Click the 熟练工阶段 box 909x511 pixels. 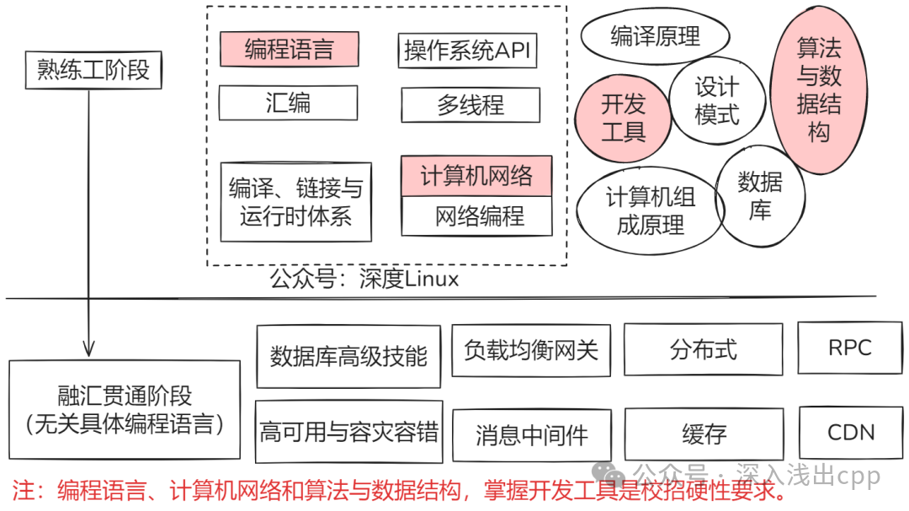93,71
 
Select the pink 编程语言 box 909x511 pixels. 289,49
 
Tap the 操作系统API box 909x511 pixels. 467,51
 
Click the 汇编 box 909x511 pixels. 288,103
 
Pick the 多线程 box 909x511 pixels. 470,105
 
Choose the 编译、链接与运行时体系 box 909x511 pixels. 295,202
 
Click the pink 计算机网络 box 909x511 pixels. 476,176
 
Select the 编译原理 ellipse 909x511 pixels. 655,36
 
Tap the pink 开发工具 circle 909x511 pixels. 624,118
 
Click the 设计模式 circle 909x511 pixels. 716,101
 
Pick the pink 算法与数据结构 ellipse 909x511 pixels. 819,91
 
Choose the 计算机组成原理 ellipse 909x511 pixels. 650,210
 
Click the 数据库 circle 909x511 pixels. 759,195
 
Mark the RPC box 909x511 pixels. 849,348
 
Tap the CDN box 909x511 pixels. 850,433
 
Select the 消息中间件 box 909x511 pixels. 532,435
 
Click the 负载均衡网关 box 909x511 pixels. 530,350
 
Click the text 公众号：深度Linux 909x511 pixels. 364,279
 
